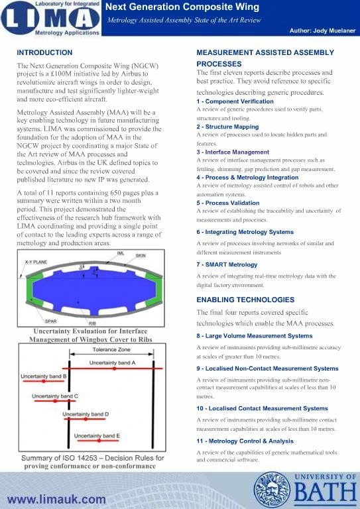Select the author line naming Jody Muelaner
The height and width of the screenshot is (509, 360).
pyautogui.click(x=322, y=31)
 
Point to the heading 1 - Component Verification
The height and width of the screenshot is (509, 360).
pyautogui.click(x=235, y=101)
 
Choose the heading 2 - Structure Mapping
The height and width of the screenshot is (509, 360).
pyautogui.click(x=227, y=126)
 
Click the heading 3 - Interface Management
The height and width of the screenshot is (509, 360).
pyautogui.click(x=233, y=152)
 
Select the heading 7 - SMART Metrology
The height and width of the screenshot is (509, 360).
pyautogui.click(x=226, y=265)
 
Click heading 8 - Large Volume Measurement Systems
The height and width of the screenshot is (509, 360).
pyautogui.click(x=254, y=336)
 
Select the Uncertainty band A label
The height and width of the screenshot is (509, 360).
pyautogui.click(x=112, y=363)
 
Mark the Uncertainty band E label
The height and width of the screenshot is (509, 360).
pyautogui.click(x=97, y=435)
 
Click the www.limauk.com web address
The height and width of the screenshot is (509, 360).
pyautogui.click(x=56, y=498)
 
